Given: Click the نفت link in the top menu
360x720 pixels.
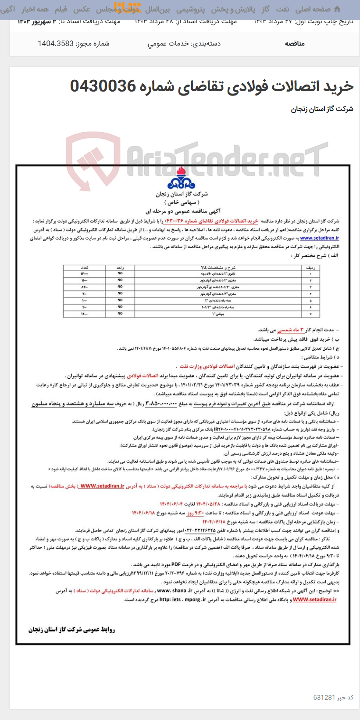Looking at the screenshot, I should [x=282, y=9].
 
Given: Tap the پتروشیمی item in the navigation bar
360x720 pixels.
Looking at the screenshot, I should [x=190, y=9].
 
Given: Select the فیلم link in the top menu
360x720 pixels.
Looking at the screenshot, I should [x=61, y=9].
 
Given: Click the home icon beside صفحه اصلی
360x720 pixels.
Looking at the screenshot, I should [x=337, y=9].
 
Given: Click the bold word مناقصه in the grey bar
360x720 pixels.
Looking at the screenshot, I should [x=295, y=43].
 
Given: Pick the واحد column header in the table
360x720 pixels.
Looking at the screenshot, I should [x=120, y=267].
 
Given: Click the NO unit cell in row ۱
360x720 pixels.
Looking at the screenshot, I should [x=120, y=273].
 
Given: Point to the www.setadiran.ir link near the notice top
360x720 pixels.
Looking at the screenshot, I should [x=319, y=238].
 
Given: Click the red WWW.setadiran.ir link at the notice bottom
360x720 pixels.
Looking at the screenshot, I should [x=314, y=599].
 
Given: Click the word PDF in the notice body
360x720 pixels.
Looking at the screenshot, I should [x=176, y=564].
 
